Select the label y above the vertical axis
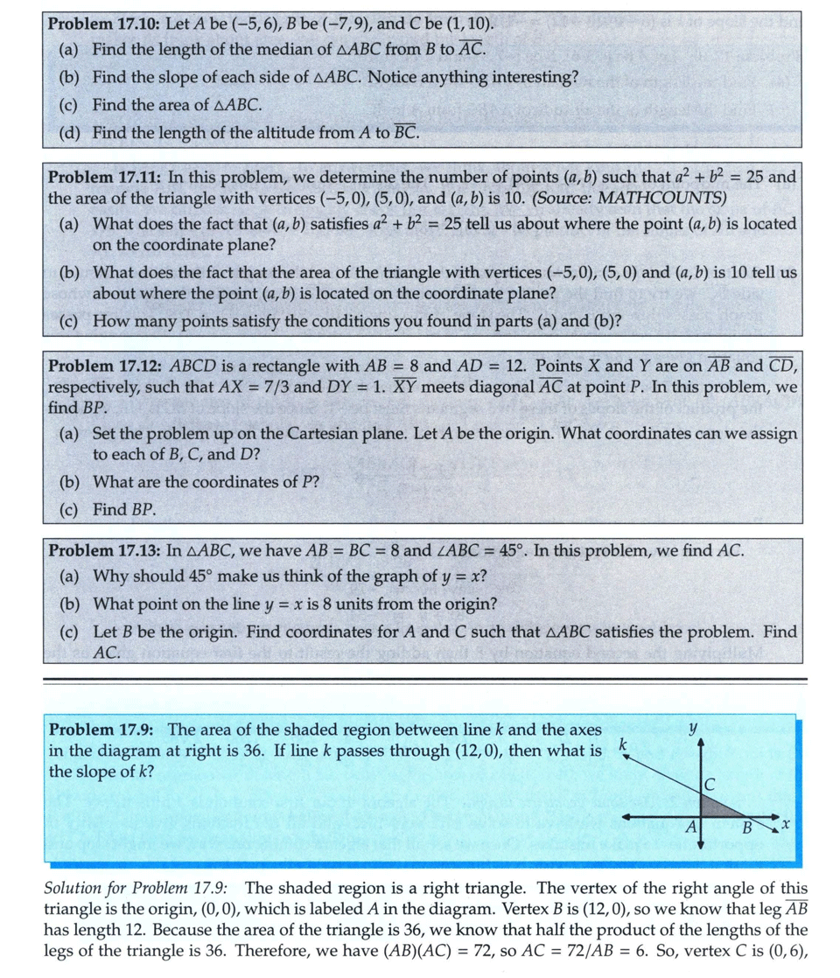point(693,727)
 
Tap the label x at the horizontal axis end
point(786,824)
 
